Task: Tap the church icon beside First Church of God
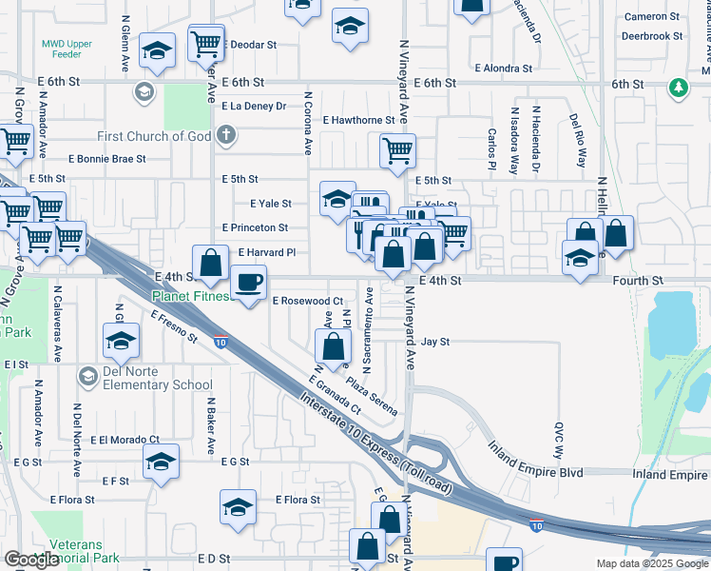pyautogui.click(x=225, y=135)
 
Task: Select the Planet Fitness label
pyautogui.click(x=191, y=296)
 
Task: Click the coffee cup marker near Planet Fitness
pyautogui.click(x=249, y=283)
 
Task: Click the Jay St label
pyautogui.click(x=434, y=342)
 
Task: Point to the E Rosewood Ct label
pyautogui.click(x=307, y=301)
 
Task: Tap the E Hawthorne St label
pyautogui.click(x=358, y=121)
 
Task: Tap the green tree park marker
pyautogui.click(x=677, y=89)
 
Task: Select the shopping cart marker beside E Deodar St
pyautogui.click(x=206, y=43)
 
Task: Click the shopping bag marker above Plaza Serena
pyautogui.click(x=333, y=345)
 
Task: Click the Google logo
pyautogui.click(x=30, y=561)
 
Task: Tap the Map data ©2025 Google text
pyautogui.click(x=651, y=563)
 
